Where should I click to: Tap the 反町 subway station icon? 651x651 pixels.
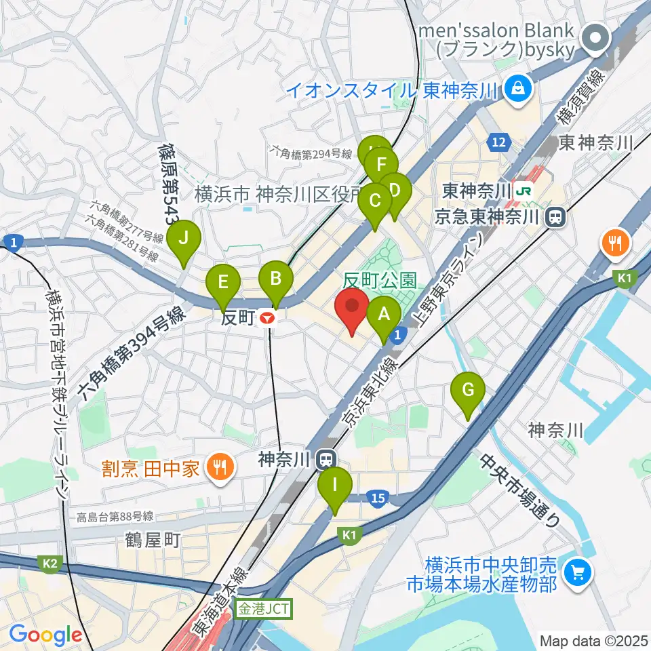point(269,317)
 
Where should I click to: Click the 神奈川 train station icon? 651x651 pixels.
point(327,460)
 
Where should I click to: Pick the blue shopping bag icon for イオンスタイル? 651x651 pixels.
point(518,88)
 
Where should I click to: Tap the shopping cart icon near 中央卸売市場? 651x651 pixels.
point(578,573)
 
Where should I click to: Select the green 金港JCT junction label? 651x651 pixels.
point(263,609)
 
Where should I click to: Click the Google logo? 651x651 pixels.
point(45,635)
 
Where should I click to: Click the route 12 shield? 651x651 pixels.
point(498,142)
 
